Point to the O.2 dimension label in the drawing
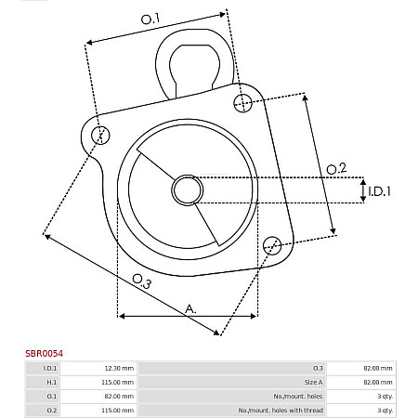coord(336,168)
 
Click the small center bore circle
coord(187,191)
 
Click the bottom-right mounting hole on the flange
coord(271,245)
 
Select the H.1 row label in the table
coord(50,382)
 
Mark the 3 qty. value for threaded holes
coord(385,409)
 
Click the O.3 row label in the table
coord(318,369)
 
